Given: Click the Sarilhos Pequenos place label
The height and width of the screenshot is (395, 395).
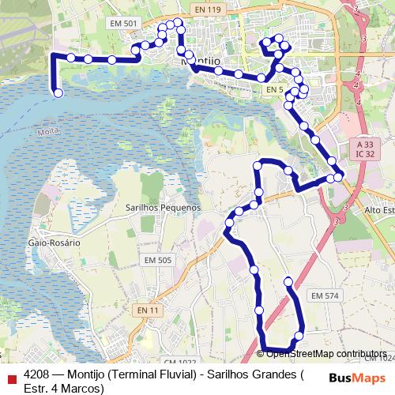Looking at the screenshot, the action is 164,207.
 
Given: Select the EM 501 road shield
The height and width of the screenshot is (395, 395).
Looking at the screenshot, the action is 127,24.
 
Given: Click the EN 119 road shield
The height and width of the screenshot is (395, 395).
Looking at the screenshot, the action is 205,9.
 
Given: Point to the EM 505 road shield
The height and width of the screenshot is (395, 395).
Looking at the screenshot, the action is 157,260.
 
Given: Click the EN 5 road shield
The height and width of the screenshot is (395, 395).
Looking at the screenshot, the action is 274,90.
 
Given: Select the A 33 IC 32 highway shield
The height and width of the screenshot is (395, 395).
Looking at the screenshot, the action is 364,150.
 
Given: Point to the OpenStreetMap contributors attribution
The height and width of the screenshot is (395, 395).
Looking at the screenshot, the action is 325,353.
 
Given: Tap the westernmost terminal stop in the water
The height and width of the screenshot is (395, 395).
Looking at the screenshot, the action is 58,93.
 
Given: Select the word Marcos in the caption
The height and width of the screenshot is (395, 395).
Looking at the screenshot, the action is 81,389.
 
